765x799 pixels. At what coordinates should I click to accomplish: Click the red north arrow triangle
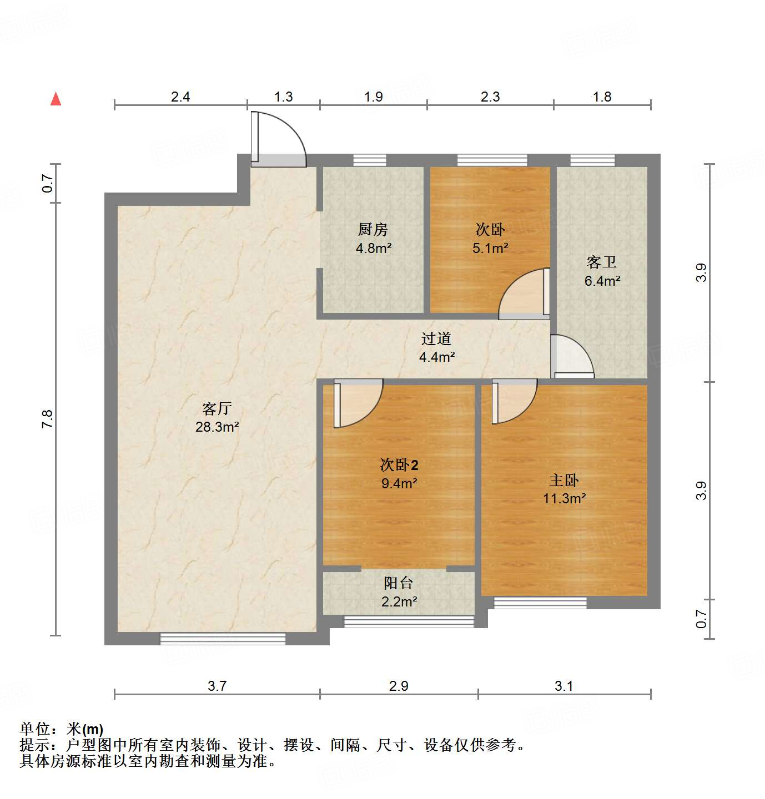click(x=56, y=99)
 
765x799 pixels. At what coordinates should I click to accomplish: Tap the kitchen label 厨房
click(x=373, y=229)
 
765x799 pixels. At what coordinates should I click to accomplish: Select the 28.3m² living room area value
click(x=217, y=427)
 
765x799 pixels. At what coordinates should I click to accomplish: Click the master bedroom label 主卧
click(x=564, y=481)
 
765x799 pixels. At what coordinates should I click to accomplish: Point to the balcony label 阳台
click(x=399, y=583)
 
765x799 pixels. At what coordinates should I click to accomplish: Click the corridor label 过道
click(x=436, y=338)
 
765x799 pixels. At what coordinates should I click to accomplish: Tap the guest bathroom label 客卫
click(x=602, y=262)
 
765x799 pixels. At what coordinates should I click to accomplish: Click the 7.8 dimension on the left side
click(x=47, y=418)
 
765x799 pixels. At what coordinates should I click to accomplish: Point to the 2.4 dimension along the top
click(x=180, y=97)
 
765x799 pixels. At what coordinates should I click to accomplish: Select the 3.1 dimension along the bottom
click(x=563, y=686)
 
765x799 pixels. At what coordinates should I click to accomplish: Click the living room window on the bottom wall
click(x=223, y=639)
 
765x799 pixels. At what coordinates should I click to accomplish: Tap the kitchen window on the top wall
click(x=370, y=160)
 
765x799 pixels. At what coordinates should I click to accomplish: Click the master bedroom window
click(x=540, y=603)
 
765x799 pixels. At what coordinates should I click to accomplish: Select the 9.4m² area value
click(x=399, y=483)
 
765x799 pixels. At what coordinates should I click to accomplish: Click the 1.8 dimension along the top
click(x=602, y=97)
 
